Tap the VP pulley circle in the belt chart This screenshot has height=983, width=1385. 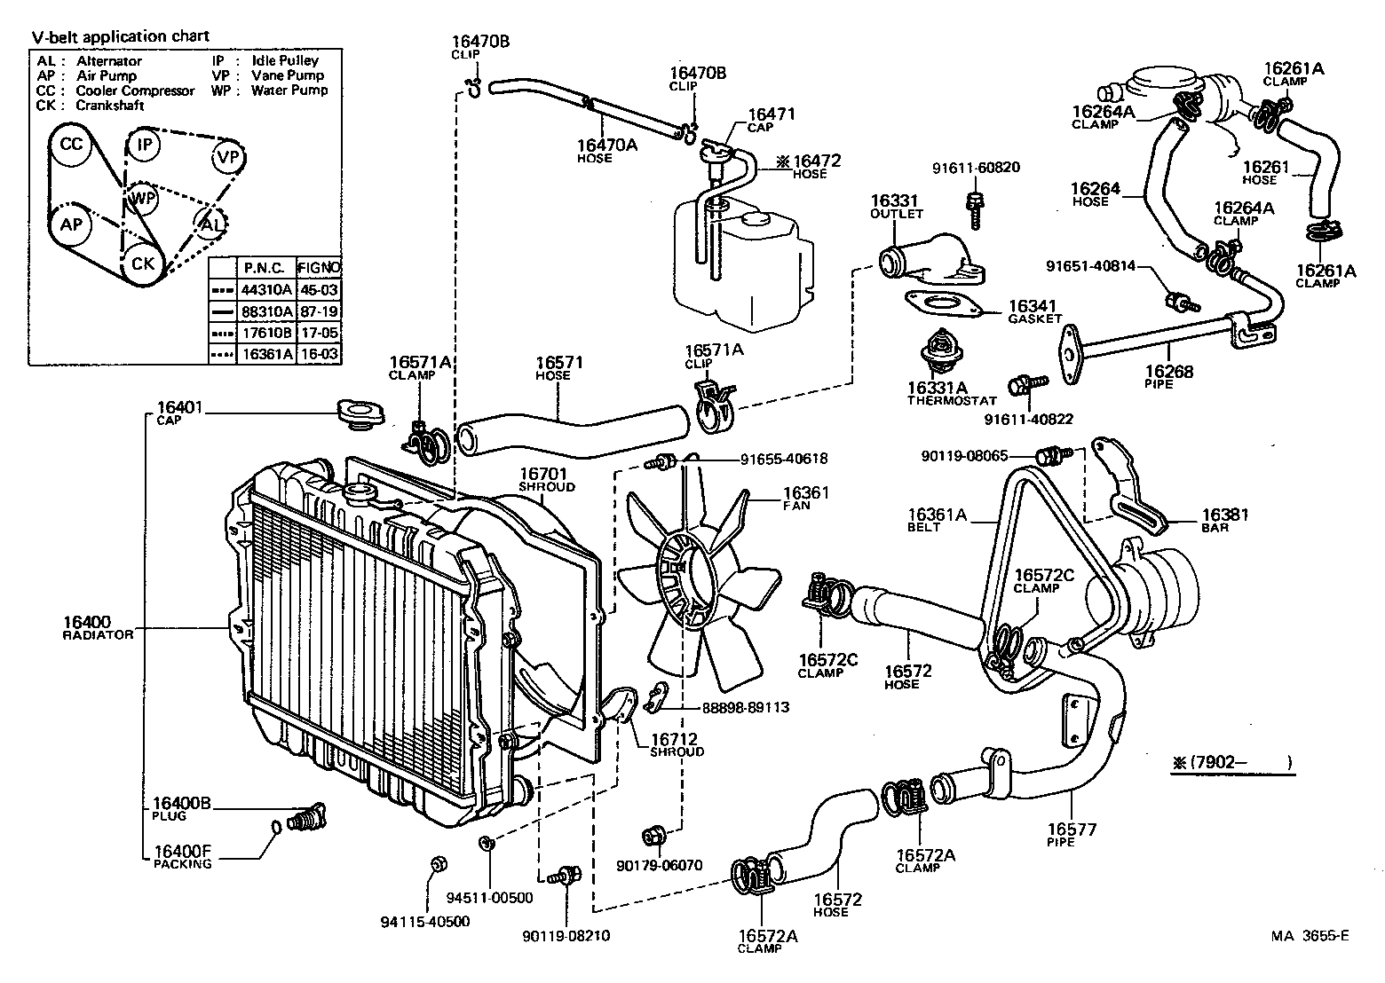click(x=227, y=157)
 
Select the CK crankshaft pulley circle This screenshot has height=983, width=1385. click(x=142, y=263)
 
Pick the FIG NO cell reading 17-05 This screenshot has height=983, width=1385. click(x=317, y=333)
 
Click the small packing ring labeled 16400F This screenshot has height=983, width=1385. click(x=276, y=828)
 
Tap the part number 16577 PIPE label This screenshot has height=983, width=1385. click(x=1072, y=834)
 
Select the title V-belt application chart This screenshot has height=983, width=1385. click(x=121, y=36)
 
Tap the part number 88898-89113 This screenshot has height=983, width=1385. click(x=733, y=707)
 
